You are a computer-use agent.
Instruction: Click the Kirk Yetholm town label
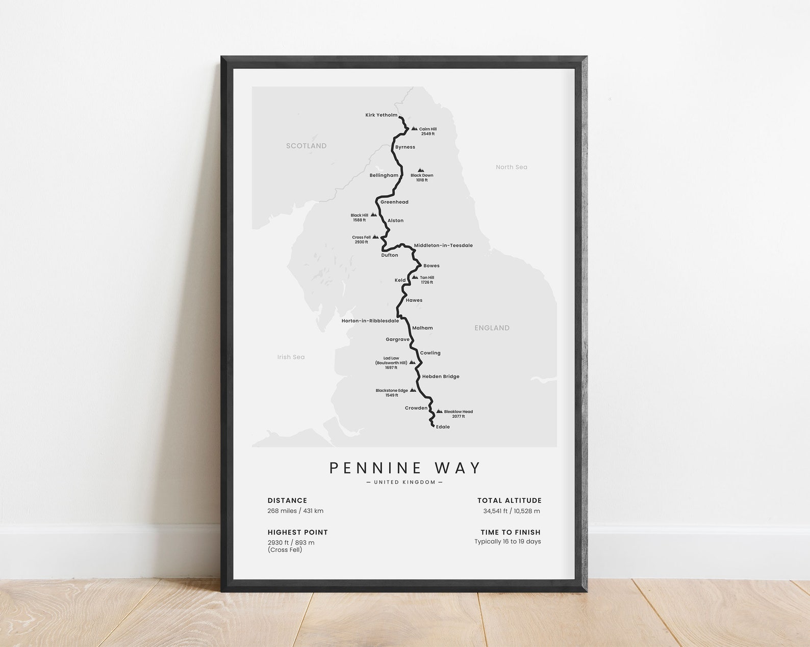point(381,115)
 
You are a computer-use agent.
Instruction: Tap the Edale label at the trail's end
point(443,427)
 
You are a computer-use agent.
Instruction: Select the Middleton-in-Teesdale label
point(443,246)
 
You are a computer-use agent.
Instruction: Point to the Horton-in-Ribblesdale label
point(370,321)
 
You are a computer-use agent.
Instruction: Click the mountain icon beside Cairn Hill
point(414,129)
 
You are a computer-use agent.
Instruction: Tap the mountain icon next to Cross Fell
point(375,237)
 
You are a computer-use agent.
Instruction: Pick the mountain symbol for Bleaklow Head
point(439,411)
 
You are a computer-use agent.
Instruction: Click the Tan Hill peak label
point(427,280)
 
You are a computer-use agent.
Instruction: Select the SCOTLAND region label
point(306,146)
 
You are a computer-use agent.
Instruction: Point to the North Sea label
point(511,167)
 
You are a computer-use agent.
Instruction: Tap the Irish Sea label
point(291,357)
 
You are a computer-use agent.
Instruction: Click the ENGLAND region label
point(492,328)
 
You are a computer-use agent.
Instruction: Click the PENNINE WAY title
point(405,468)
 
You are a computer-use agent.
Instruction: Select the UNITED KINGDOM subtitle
point(405,482)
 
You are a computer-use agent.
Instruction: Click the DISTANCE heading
point(287,501)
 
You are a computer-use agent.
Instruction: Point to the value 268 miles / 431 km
point(295,511)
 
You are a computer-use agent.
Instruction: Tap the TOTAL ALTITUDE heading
point(509,501)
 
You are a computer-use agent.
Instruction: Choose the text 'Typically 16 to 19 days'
point(508,542)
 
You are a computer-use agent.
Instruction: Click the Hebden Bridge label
point(441,376)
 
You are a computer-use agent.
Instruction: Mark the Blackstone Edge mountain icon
point(413,390)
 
